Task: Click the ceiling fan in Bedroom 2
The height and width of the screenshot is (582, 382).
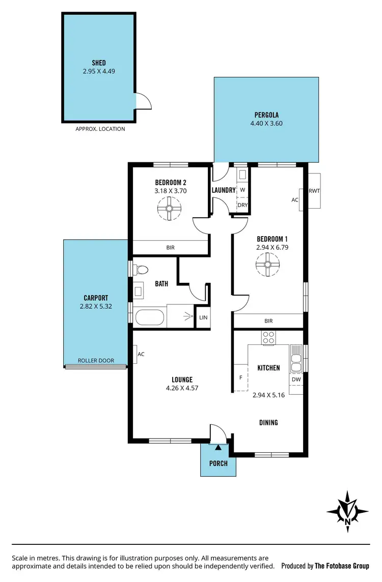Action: pyautogui.click(x=169, y=209)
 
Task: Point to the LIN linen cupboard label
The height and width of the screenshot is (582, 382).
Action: pyautogui.click(x=203, y=317)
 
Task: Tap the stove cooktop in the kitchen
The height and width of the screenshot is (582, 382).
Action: pyautogui.click(x=268, y=337)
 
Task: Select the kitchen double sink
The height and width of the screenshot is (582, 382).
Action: pyautogui.click(x=295, y=362)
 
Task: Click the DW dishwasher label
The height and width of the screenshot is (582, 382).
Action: pyautogui.click(x=296, y=380)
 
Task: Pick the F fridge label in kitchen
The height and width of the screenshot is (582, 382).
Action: pyautogui.click(x=240, y=379)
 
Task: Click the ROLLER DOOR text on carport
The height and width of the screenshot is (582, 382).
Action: pyautogui.click(x=95, y=361)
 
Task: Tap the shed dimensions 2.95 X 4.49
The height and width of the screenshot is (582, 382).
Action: pyautogui.click(x=99, y=71)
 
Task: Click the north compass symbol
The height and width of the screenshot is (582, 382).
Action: pyautogui.click(x=347, y=511)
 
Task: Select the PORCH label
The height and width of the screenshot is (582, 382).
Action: pyautogui.click(x=219, y=463)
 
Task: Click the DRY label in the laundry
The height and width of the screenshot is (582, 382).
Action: pyautogui.click(x=242, y=205)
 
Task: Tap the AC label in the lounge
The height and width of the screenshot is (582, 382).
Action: pyautogui.click(x=141, y=354)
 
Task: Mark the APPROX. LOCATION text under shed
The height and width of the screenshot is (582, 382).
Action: pyautogui.click(x=100, y=129)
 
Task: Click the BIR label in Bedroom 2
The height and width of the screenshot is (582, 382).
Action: pyautogui.click(x=171, y=248)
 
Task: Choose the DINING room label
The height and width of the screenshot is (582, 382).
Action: pyautogui.click(x=268, y=422)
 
